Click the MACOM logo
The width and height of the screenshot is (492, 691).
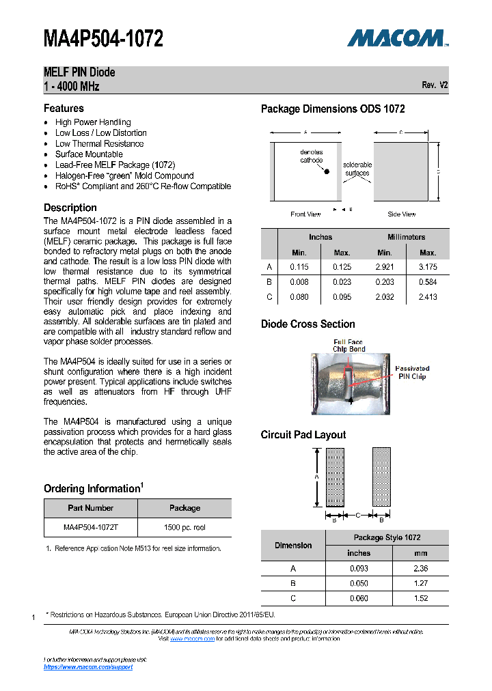click(397, 38)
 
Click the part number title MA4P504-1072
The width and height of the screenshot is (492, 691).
click(103, 39)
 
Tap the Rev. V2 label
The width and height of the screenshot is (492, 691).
click(435, 85)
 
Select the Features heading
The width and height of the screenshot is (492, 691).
click(64, 109)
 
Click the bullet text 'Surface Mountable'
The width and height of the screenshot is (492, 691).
click(89, 154)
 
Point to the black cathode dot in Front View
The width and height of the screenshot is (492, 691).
click(327, 171)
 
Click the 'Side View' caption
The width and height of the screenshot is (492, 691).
click(402, 214)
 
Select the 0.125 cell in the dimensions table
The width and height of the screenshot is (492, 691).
click(342, 267)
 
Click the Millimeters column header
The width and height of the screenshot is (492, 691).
click(406, 237)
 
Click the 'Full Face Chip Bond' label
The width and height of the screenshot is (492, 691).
click(349, 345)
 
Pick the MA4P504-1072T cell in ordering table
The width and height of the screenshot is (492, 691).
click(91, 528)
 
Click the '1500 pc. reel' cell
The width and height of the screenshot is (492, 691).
click(184, 528)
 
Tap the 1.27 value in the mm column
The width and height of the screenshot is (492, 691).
click(421, 583)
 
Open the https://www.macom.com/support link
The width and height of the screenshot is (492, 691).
click(88, 667)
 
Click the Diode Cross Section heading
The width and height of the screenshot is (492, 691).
click(307, 324)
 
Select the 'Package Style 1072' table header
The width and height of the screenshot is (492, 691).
click(387, 537)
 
